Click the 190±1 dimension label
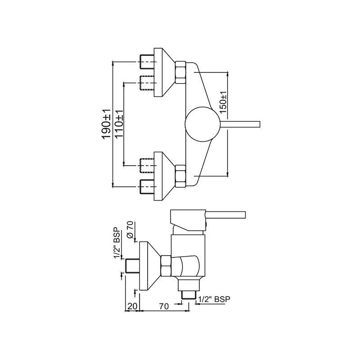click(x=107, y=123)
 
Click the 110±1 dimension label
click(x=119, y=123)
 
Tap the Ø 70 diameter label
click(x=130, y=230)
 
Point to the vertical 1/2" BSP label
click(x=117, y=243)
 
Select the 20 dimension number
click(x=132, y=306)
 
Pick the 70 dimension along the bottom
click(x=164, y=306)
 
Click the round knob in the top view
click(x=203, y=123)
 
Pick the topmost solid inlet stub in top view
click(x=148, y=61)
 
